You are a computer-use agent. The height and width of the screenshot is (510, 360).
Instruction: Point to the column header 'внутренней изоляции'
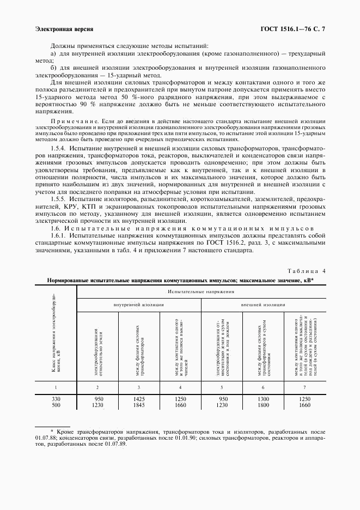click(x=138, y=305)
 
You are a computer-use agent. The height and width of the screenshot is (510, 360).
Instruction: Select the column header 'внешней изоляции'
click(x=263, y=305)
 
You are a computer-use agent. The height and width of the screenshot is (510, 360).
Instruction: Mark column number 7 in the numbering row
click(x=304, y=387)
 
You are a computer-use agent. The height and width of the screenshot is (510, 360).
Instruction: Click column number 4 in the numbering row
click(x=180, y=387)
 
